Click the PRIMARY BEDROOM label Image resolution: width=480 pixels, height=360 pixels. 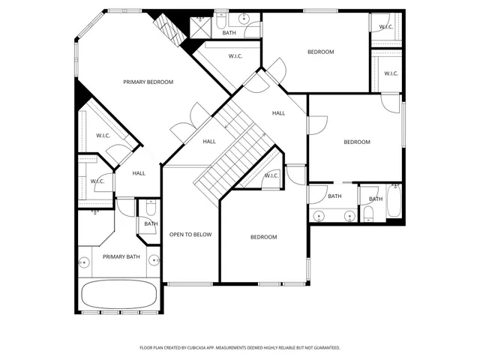coord(148,82)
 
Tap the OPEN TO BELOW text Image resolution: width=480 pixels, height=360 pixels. coord(190,235)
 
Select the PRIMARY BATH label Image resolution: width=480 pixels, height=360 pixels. coord(121,257)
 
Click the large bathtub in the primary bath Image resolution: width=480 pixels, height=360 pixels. coord(119,294)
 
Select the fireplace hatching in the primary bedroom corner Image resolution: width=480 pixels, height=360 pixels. coord(169,28)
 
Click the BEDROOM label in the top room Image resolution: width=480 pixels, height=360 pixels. coord(320,52)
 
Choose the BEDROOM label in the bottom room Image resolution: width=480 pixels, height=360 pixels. coord(263,237)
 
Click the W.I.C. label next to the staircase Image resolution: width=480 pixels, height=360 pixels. coord(270,176)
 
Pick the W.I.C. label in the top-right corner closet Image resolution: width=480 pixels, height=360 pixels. coord(386,27)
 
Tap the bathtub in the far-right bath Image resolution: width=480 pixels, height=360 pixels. coord(394,201)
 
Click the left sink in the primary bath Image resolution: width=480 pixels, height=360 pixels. coord(85,262)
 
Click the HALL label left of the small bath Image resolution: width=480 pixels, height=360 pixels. coord(139,173)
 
